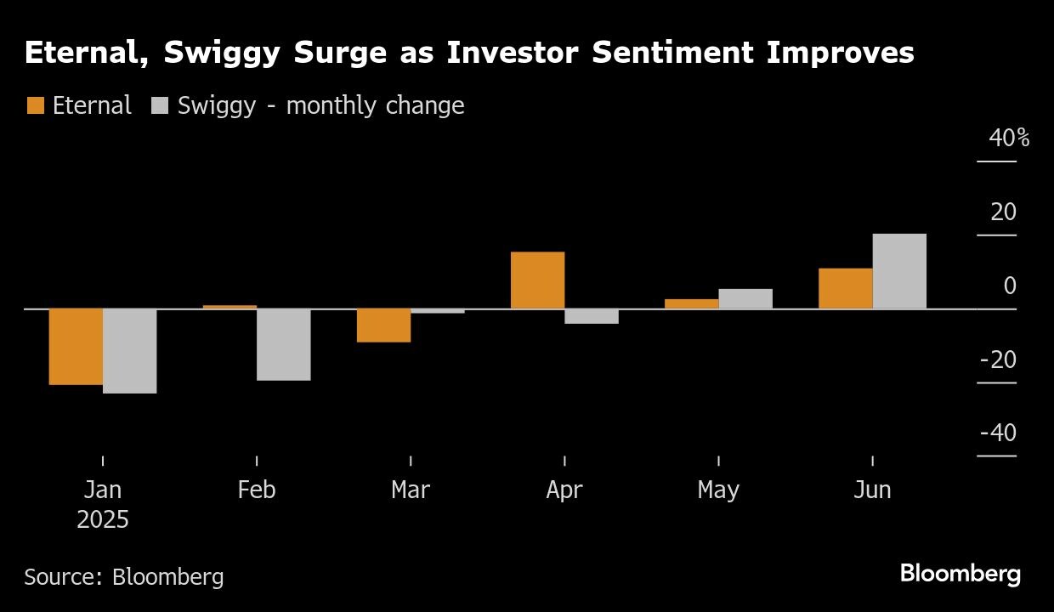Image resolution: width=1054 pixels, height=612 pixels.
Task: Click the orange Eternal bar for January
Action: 76,346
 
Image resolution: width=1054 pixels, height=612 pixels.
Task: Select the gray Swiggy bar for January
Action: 130,350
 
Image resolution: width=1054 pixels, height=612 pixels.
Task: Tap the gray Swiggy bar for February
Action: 284,344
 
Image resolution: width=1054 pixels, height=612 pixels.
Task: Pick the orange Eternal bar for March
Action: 383,325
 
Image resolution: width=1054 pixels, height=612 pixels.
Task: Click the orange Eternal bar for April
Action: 537,280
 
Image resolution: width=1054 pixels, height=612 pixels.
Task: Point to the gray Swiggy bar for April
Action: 592,316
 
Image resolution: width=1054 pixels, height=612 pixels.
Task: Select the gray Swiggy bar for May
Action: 745,298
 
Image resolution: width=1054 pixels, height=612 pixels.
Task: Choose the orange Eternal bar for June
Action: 845,288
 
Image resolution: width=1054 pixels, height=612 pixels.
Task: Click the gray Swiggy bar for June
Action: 899,271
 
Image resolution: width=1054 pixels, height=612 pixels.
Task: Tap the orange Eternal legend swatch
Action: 35,105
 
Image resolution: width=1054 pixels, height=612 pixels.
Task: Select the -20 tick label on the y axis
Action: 998,360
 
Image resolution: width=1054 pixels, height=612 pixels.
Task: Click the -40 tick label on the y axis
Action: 998,433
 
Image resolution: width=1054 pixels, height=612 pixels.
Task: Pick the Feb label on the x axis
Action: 257,490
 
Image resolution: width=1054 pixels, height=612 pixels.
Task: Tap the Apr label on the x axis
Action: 564,490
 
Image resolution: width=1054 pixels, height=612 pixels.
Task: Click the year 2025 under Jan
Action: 103,519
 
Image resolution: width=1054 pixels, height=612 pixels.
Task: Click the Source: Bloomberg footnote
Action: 124,577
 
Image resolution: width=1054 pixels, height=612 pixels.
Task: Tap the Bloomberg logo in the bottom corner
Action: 960,575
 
